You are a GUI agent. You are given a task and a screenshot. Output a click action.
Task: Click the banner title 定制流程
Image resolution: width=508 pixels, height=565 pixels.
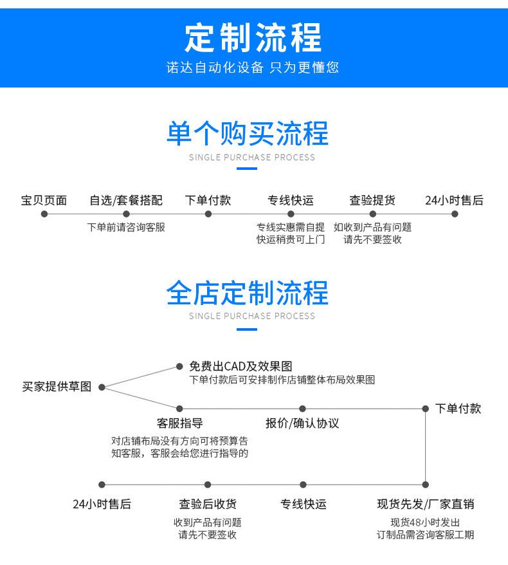click(x=253, y=37)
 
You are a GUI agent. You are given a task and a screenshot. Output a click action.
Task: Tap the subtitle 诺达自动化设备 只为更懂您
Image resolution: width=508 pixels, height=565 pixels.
click(x=252, y=68)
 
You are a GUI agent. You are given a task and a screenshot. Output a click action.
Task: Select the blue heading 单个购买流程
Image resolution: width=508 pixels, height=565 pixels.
click(x=248, y=133)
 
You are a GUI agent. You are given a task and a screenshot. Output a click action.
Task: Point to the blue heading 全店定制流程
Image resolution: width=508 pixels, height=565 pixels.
click(x=248, y=293)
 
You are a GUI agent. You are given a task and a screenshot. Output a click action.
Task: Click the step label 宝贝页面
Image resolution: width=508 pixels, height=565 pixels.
click(x=44, y=200)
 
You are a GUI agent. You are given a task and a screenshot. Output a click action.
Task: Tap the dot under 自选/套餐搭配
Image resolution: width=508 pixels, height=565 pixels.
click(x=126, y=214)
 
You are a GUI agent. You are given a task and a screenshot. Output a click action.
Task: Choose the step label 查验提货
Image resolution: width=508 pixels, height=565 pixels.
click(x=372, y=200)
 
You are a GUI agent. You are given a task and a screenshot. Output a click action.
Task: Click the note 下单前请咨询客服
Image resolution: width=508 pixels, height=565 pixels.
click(x=126, y=227)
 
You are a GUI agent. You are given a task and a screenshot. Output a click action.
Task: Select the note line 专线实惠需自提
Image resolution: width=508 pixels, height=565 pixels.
click(x=291, y=227)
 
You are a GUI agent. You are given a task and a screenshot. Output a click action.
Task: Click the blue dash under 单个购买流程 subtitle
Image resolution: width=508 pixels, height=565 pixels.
click(x=247, y=169)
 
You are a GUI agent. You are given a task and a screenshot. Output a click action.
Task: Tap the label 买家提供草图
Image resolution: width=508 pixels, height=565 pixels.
click(x=57, y=387)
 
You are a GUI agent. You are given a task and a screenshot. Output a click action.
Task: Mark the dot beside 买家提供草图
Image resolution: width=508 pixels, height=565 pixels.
click(x=102, y=387)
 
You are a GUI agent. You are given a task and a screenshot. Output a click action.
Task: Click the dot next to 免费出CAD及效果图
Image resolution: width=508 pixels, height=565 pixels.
click(x=179, y=366)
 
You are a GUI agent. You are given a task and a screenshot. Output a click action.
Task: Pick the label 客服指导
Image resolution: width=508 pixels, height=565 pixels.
click(x=179, y=423)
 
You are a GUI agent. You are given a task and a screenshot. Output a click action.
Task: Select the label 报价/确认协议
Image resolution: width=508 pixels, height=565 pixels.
click(x=302, y=423)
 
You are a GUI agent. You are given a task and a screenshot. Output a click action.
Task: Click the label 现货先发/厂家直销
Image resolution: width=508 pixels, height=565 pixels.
click(x=426, y=504)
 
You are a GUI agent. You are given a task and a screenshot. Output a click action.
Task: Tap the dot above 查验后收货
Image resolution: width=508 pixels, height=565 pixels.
click(x=207, y=485)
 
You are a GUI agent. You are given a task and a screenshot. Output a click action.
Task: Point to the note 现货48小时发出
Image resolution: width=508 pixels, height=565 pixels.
click(x=425, y=523)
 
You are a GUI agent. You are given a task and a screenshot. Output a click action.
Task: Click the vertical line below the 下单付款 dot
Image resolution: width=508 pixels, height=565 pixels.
click(x=426, y=447)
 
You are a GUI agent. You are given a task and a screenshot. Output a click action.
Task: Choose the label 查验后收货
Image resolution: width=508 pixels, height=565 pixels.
click(x=208, y=504)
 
